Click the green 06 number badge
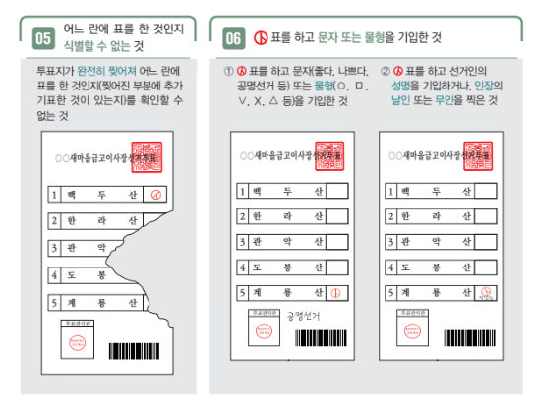point(233,38)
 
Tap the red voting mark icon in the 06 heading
point(262,37)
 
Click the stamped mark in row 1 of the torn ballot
point(153,195)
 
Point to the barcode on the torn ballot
point(132,350)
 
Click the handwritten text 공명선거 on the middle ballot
point(305,317)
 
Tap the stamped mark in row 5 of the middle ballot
point(336,292)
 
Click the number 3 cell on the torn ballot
point(56,249)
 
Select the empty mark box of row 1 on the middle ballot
point(336,190)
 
